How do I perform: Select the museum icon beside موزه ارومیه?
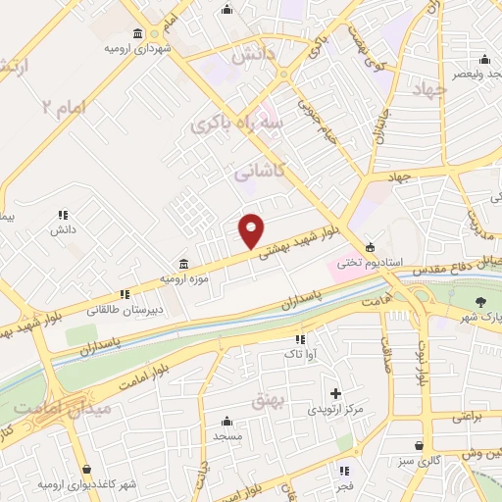184,263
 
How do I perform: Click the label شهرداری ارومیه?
139,48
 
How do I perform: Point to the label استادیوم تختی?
365,262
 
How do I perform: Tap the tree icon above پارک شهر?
479,302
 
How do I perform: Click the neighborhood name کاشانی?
260,172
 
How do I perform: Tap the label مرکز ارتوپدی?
335,407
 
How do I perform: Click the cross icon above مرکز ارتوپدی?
335,392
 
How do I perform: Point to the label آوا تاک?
300,353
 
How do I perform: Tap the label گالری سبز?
419,460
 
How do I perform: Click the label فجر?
344,486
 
